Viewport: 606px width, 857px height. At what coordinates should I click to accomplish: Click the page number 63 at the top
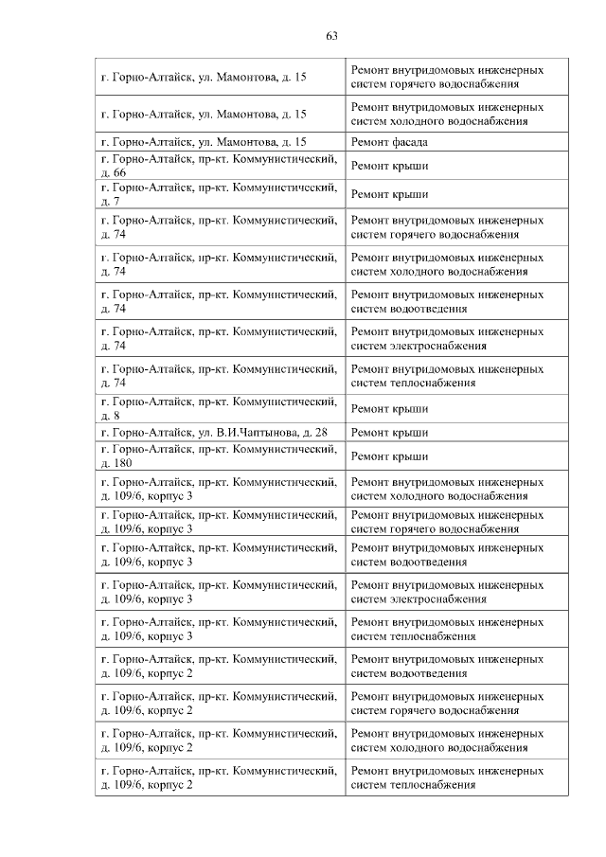click(331, 36)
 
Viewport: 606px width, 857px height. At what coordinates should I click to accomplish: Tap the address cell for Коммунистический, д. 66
click(219, 166)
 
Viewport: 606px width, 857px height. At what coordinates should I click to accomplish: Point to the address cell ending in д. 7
click(219, 194)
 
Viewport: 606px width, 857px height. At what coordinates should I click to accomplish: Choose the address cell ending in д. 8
click(219, 408)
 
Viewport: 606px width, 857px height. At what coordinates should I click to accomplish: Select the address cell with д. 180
click(219, 455)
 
